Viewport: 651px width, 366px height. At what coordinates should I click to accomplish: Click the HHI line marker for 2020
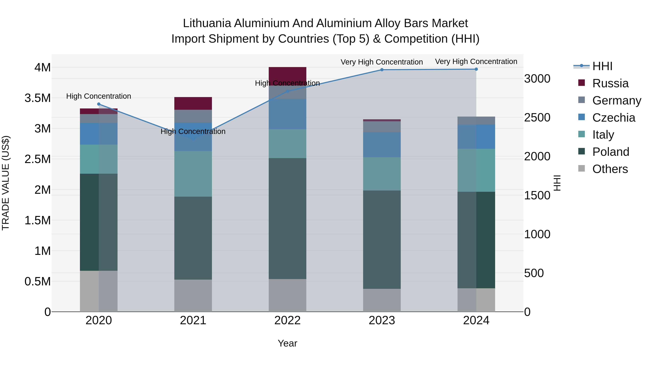(99, 104)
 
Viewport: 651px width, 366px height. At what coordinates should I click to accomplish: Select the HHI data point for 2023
(382, 70)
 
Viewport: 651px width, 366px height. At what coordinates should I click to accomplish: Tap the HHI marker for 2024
(476, 69)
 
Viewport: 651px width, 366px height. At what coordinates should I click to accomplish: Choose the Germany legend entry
(616, 100)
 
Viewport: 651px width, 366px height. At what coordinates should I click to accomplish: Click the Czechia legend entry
(613, 118)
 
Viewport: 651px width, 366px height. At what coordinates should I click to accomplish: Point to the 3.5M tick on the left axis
(38, 98)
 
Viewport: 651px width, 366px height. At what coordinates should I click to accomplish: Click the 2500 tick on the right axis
(537, 117)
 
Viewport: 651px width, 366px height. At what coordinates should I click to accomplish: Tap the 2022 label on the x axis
(287, 320)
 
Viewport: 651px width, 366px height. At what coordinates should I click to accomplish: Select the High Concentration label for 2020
(99, 96)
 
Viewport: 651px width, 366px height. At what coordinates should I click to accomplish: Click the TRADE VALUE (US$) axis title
(6, 183)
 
